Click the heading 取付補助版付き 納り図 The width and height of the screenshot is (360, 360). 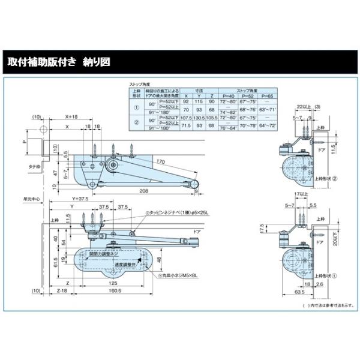59,62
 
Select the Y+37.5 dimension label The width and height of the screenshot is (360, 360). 80,199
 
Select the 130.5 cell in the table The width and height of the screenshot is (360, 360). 197,118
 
